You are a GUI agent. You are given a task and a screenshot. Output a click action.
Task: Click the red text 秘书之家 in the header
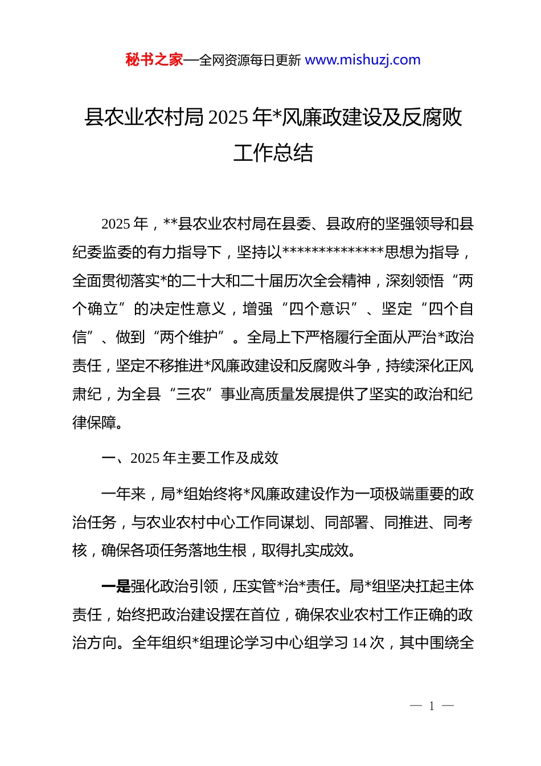154,60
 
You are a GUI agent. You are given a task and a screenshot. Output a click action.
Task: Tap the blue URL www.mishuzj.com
363,60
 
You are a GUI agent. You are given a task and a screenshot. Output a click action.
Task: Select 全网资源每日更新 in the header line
250,60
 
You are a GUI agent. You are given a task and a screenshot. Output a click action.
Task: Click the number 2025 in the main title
228,117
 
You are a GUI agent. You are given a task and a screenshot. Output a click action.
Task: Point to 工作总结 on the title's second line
273,153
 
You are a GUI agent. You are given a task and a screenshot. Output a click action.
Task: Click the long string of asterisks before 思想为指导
333,252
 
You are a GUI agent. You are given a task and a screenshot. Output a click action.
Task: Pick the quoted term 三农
191,394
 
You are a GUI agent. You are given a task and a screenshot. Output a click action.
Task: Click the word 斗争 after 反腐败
356,366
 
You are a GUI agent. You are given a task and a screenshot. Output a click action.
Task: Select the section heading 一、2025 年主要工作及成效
190,458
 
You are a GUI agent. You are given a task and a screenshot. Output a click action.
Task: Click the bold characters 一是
116,586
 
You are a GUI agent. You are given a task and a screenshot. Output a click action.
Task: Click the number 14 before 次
359,643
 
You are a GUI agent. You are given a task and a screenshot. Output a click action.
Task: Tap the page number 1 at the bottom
432,706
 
